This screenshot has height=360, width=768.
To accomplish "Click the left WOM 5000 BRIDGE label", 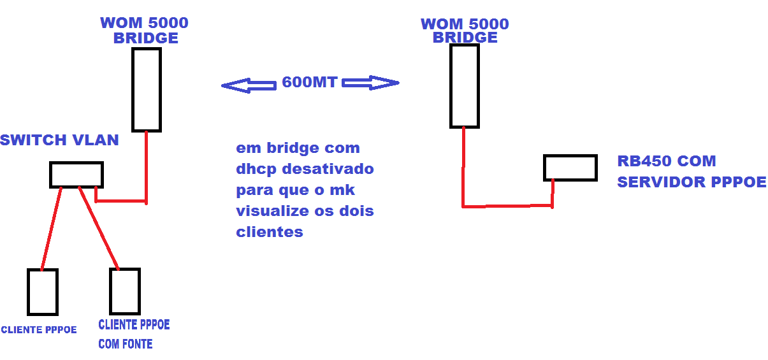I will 145,31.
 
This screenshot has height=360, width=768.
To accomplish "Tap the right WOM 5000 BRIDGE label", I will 465,31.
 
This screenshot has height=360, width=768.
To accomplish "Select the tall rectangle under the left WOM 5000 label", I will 147,89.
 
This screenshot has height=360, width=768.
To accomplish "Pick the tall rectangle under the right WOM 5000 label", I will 464,86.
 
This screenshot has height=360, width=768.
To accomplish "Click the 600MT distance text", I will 310,83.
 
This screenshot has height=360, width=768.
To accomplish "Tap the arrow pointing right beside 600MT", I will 370,83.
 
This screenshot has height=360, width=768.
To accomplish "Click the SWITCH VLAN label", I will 59,140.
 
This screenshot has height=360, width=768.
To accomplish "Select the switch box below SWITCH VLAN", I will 76,175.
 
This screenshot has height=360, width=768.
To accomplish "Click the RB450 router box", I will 570,168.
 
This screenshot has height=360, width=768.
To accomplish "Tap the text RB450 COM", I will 666,161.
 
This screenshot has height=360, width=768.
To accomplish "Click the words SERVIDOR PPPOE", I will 692,182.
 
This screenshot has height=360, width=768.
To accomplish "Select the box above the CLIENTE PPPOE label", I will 43,291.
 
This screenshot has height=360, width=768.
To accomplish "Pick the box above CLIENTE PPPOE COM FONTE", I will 124,291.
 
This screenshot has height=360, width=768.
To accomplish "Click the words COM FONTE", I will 125,344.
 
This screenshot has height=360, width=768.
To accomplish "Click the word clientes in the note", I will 269,231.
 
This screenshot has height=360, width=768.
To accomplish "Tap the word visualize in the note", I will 272,211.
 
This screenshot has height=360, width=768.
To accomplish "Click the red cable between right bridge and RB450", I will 507,206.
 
